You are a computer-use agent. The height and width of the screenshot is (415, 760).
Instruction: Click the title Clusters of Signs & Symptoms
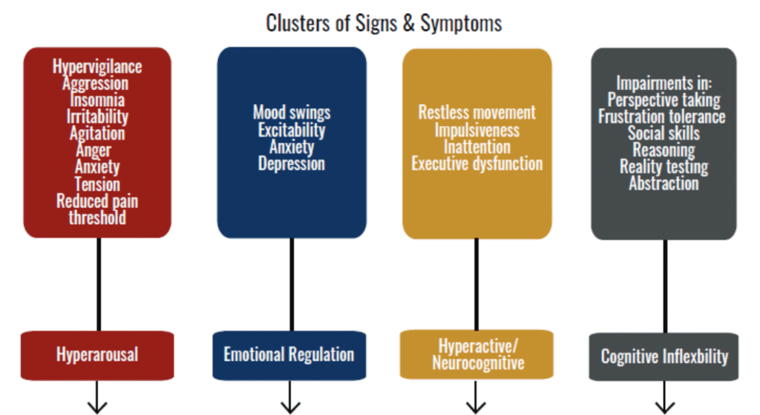coord(384,23)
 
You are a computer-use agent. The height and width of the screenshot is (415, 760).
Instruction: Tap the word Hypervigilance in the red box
coord(96,67)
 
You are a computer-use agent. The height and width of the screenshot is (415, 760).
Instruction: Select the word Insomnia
coord(96,100)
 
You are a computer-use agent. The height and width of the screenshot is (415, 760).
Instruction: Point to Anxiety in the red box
coord(96,167)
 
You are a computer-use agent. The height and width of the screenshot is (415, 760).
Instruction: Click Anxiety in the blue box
coord(291,146)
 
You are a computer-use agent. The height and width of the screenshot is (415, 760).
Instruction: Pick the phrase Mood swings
coord(291,113)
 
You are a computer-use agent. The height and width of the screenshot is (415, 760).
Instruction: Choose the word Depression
coord(291,163)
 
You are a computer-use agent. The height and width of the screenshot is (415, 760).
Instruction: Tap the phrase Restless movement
coord(476,113)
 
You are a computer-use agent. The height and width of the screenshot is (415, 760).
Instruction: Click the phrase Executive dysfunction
coord(476,163)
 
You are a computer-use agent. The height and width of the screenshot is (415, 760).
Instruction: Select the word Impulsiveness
coord(476,130)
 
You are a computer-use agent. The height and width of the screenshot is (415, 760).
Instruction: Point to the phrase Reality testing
coord(664,167)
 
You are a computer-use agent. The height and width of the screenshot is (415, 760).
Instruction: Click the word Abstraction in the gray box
coord(664,183)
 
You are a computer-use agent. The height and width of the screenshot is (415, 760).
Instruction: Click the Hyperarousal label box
coord(96,354)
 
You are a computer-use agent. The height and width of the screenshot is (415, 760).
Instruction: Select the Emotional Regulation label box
coord(289,354)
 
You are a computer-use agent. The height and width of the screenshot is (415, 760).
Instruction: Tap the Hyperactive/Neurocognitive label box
coord(477,354)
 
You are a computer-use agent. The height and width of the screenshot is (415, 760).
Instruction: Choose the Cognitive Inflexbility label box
coord(664,356)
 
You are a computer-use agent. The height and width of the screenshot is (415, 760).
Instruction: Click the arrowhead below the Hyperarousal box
coord(97,405)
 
